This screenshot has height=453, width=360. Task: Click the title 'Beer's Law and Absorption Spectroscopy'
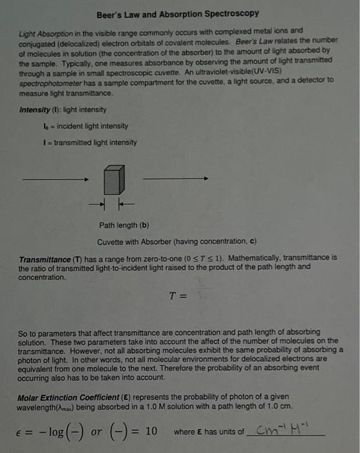(177, 14)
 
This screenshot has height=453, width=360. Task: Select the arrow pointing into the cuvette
(54, 179)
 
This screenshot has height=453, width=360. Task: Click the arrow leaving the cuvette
(175, 178)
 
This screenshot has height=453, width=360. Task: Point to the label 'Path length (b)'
(124, 226)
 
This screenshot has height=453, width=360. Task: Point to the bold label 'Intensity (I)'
(39, 110)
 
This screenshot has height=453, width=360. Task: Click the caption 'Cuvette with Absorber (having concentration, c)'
(177, 241)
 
